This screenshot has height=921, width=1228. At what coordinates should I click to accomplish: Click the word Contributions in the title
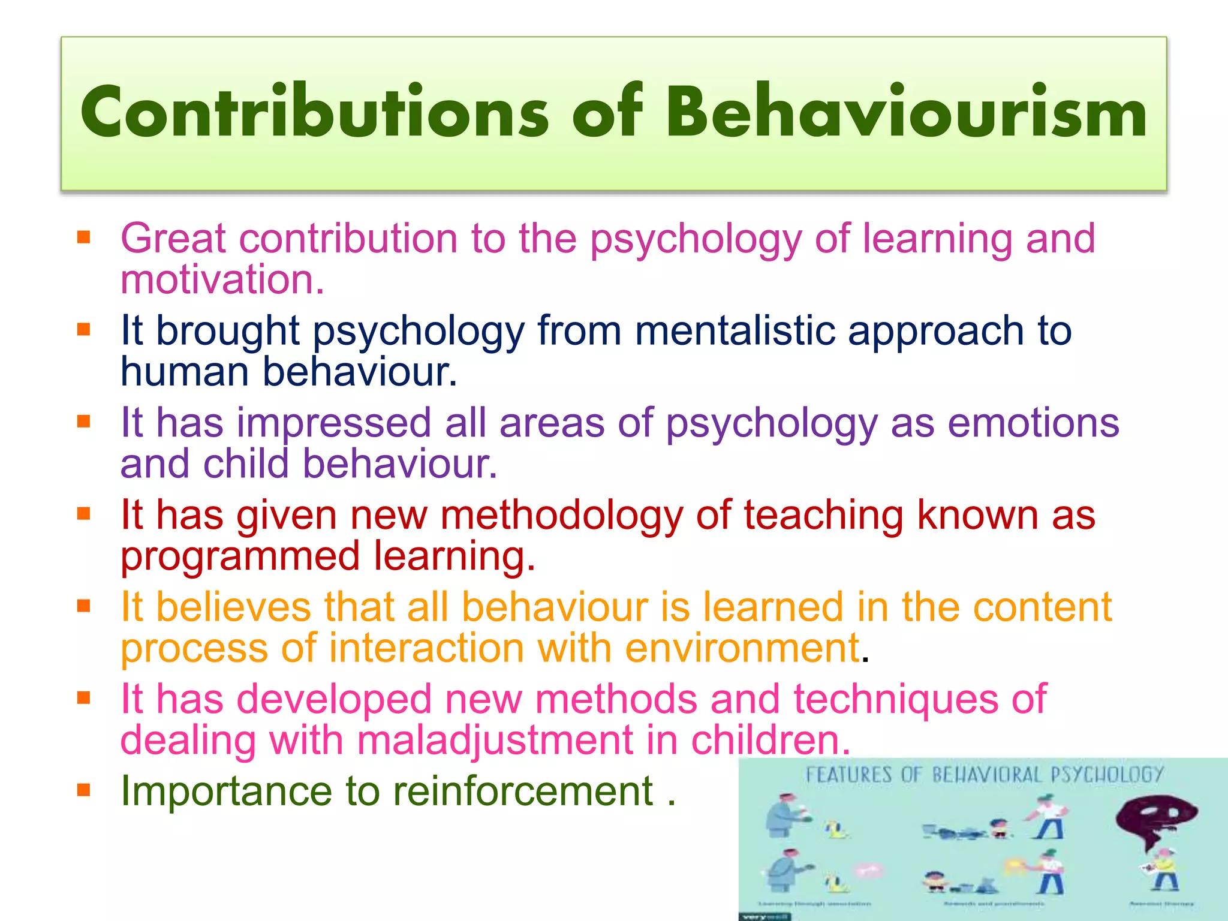point(315,113)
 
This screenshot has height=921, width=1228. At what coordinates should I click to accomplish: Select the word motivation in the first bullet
point(222,279)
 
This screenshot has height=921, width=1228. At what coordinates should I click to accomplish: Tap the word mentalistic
point(735,330)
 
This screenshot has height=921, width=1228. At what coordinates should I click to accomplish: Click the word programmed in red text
point(240,556)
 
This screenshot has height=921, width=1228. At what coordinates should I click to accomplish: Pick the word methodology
point(561,515)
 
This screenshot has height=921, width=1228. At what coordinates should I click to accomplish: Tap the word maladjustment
point(495,740)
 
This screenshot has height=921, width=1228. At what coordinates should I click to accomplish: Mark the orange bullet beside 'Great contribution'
point(83,237)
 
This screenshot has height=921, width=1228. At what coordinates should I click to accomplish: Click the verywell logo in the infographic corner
point(764,916)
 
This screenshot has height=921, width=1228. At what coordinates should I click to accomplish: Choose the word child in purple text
point(245,464)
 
